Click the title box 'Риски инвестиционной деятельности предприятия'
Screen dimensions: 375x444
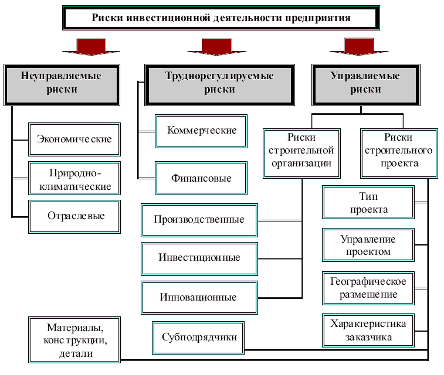point(221,18)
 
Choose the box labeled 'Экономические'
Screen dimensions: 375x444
point(74,139)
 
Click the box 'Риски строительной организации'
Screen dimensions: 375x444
point(301,151)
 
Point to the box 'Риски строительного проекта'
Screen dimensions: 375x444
point(398,151)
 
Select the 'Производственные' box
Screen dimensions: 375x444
point(199,220)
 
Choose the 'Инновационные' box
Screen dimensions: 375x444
point(199,296)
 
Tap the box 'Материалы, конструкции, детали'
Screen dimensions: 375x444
point(75,339)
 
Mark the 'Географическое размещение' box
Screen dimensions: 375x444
point(368,288)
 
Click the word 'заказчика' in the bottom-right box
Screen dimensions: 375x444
point(368,337)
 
